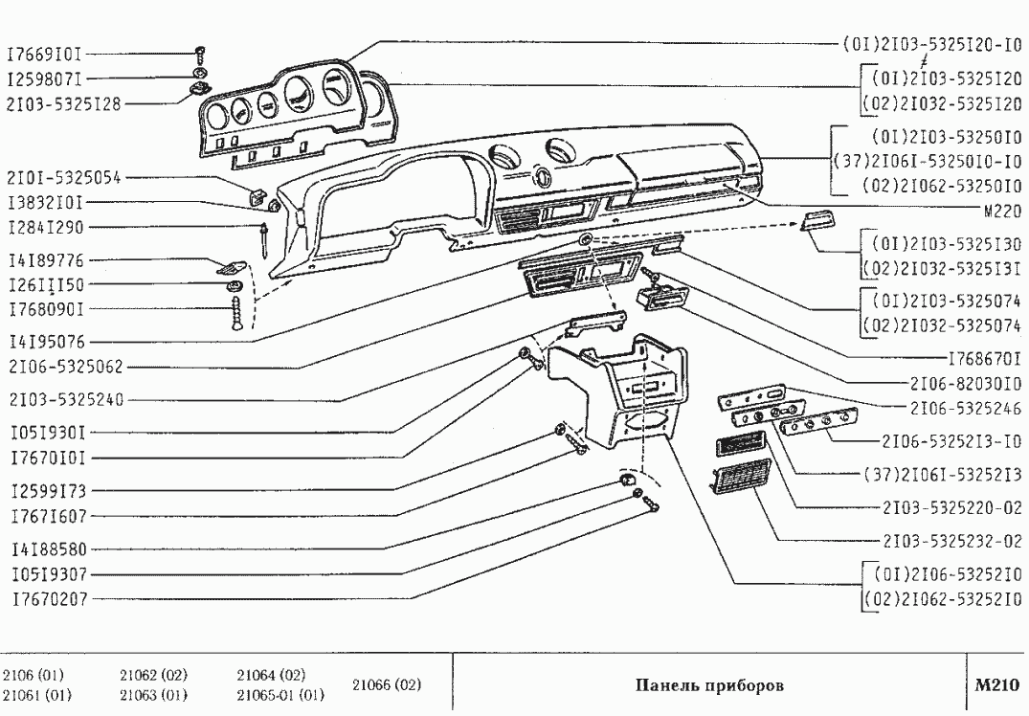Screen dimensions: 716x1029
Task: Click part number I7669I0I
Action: click(49, 54)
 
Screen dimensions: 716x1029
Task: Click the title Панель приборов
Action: click(708, 685)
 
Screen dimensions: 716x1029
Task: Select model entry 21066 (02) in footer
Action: click(387, 685)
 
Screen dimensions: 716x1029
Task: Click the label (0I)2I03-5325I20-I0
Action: click(928, 43)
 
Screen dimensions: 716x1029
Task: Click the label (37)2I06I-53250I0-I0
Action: click(928, 160)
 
